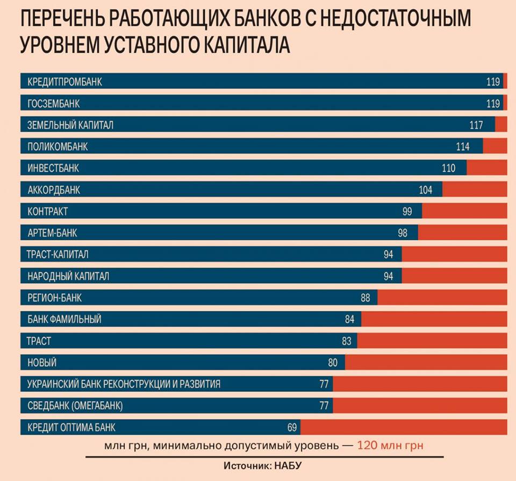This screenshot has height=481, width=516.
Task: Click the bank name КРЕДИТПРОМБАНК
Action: [x=64, y=82]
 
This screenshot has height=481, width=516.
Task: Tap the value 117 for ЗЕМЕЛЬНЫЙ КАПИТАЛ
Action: [x=476, y=125]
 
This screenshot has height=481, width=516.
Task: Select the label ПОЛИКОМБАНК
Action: [x=58, y=147]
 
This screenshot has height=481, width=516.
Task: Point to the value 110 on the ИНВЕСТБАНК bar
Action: [x=448, y=168]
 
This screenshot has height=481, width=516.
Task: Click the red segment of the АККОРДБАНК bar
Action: [x=474, y=190]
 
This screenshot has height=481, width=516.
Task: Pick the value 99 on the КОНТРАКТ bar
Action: [x=407, y=212]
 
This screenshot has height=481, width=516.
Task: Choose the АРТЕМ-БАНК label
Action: [x=52, y=233]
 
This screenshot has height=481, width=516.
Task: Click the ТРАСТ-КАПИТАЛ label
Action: [x=58, y=255]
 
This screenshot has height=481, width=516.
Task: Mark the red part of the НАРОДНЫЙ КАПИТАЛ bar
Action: [x=454, y=276]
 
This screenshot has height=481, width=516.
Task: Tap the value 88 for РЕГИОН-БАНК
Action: [x=365, y=298]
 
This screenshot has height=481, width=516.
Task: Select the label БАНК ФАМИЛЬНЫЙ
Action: [x=64, y=319]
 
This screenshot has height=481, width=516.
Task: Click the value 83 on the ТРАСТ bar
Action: [x=346, y=341]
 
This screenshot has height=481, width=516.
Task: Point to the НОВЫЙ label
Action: [x=42, y=363]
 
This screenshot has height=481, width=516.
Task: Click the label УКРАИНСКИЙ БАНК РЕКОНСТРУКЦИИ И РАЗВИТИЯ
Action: [x=124, y=384]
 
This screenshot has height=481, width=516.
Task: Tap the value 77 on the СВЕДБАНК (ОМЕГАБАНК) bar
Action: [x=324, y=406]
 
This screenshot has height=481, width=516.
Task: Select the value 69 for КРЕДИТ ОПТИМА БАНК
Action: [x=292, y=428]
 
